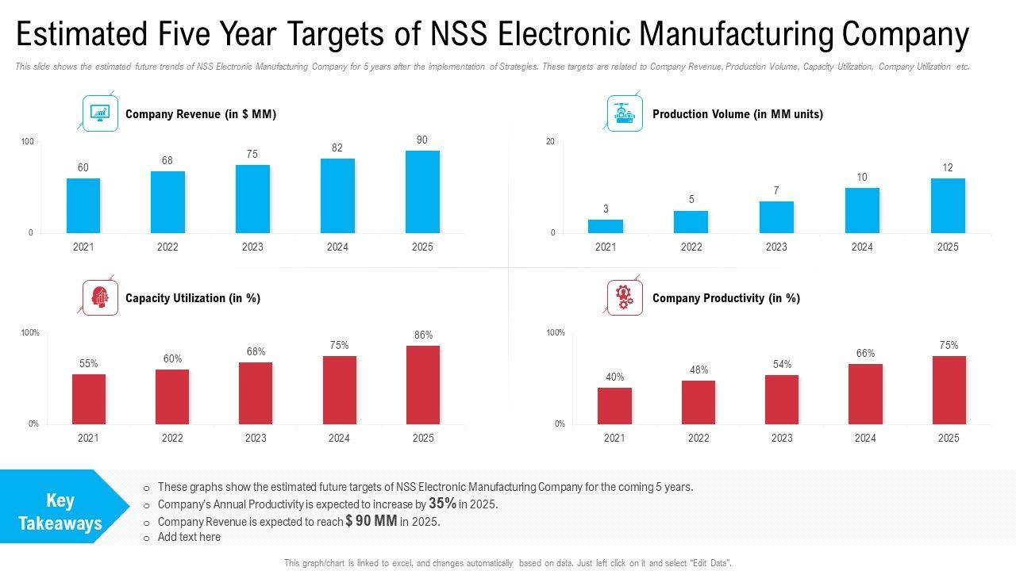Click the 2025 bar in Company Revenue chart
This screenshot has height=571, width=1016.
tap(422, 192)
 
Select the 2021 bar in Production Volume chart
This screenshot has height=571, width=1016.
tap(606, 227)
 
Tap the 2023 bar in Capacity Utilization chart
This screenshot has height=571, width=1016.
tap(256, 393)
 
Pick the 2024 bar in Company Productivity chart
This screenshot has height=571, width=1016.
tap(865, 394)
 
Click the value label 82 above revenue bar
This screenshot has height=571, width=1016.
tap(337, 148)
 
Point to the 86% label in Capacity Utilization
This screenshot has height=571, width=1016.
tap(423, 335)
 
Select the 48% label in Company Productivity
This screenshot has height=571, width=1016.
tap(698, 370)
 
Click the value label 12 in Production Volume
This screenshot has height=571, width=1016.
tap(948, 168)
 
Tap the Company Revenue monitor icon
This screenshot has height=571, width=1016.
tap(100, 113)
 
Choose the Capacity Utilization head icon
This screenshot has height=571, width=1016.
tap(100, 297)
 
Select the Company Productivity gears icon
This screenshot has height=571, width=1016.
tap(625, 297)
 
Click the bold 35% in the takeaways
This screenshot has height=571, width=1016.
tap(442, 504)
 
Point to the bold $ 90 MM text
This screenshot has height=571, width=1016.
tap(371, 521)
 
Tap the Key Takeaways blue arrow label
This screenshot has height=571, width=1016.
tap(61, 512)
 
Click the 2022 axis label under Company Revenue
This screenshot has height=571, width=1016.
tap(167, 247)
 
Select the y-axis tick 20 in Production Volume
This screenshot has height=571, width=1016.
tap(550, 142)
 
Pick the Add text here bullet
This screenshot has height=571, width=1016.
tap(189, 537)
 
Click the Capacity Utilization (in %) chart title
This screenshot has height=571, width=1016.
tap(193, 298)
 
